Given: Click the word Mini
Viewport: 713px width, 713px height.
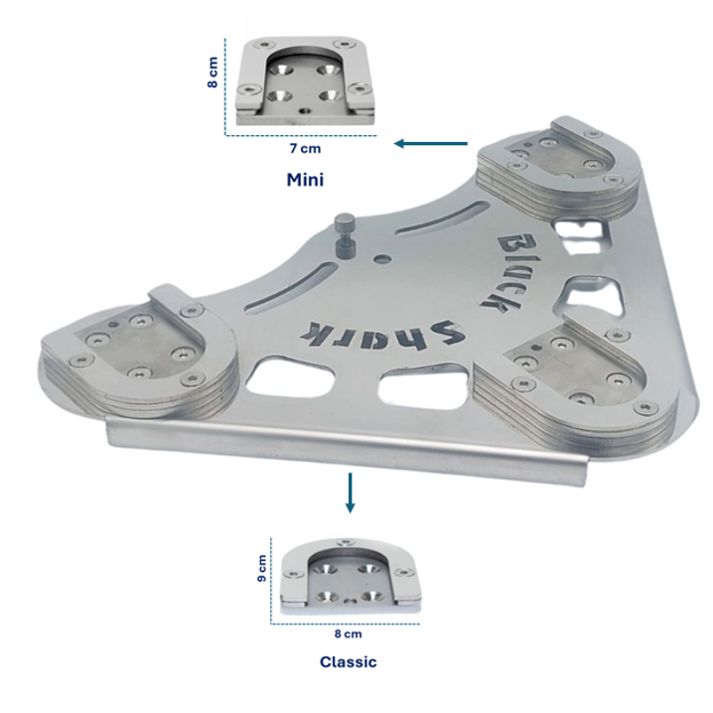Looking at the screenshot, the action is coord(305,180).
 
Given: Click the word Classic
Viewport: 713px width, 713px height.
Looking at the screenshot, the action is coord(349,661).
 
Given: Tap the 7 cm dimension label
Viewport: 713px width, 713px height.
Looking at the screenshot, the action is coord(305,149).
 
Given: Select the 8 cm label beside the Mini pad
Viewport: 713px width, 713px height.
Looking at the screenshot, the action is coord(213,71).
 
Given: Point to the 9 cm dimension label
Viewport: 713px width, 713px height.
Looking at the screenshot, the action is coord(262,568).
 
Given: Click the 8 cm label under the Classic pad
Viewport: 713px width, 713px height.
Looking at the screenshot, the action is coord(349,634).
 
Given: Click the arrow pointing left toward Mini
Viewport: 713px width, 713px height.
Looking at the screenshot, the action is coord(431,144).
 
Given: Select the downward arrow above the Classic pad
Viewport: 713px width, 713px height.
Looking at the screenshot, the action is coord(350,493).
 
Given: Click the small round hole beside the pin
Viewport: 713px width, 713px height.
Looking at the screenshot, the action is coord(382,259).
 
